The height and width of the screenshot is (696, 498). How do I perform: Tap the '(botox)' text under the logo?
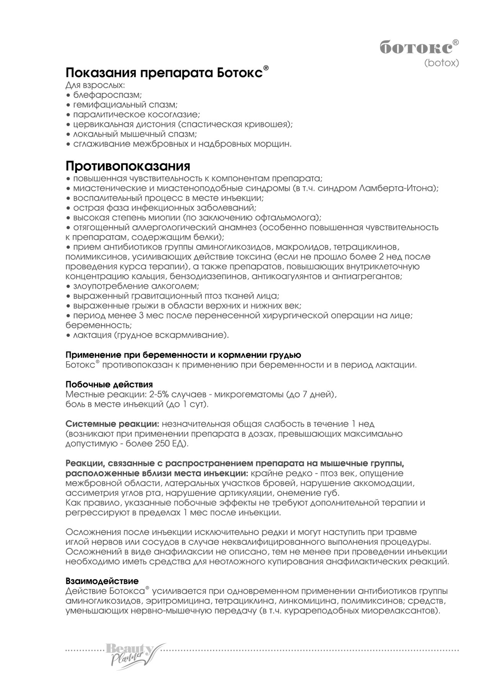[x=441, y=63]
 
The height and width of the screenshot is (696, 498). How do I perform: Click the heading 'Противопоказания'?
[x=128, y=166]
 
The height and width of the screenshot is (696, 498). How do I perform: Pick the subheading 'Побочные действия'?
[x=109, y=384]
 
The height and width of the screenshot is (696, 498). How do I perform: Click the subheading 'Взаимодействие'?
[x=102, y=581]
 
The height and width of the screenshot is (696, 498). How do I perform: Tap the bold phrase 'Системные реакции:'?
[x=112, y=424]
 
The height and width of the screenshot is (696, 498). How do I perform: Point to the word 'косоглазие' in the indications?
[x=178, y=114]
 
